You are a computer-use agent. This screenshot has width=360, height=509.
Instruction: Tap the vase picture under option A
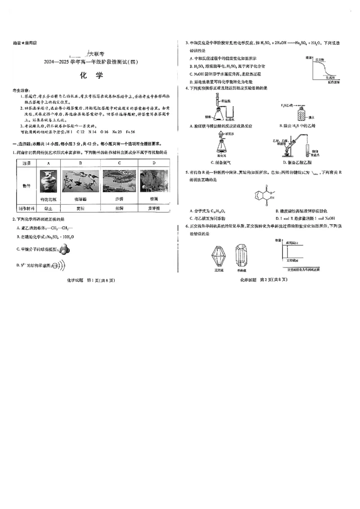[x=48, y=182]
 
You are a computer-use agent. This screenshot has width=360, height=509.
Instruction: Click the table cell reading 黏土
[x=48, y=208]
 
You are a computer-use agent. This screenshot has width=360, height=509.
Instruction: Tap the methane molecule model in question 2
[x=64, y=250]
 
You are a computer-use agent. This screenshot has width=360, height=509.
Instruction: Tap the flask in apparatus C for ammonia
[x=221, y=147]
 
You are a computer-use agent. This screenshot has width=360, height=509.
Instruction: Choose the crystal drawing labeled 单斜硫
[x=241, y=256]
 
